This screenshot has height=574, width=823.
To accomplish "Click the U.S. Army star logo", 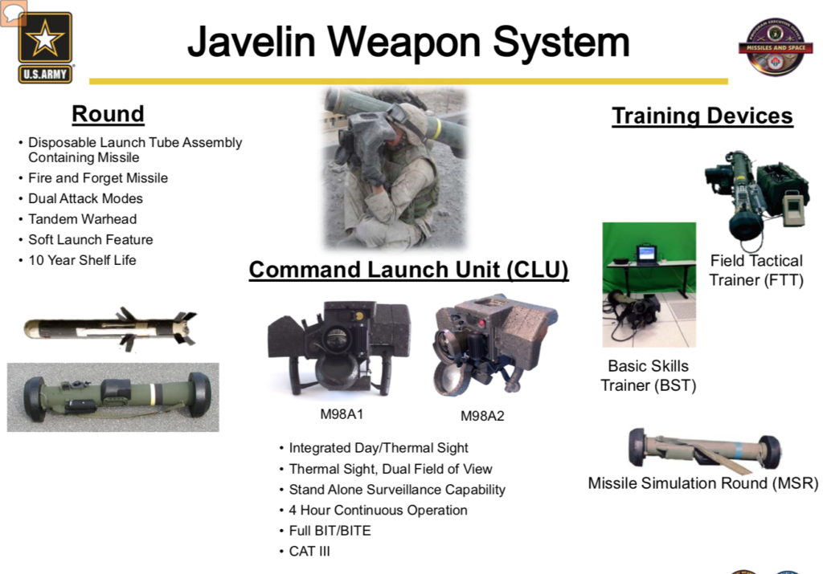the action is point(45,47).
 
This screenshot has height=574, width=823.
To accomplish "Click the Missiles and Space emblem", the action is point(776,47).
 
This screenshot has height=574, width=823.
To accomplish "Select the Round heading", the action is point(109,114).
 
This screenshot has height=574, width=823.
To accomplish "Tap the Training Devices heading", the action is point(702,116).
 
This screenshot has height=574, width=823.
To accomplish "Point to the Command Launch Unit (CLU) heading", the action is point(408,270).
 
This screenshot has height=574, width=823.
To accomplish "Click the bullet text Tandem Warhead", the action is point(83,219).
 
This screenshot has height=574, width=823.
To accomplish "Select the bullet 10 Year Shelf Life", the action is point(82,260).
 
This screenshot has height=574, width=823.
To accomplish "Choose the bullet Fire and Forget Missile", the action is point(98,178).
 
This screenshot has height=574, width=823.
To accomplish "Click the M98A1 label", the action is point(342,414).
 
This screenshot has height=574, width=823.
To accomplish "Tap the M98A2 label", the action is point(482,416).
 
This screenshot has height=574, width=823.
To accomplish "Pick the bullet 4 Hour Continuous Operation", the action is point(378,510).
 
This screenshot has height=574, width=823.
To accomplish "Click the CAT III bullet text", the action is point(309,552).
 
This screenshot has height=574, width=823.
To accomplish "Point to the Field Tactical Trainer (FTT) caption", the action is point(756,271).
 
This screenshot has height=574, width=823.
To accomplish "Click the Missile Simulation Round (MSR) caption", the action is point(702,483).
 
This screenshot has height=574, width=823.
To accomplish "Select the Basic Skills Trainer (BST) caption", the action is point(649,376).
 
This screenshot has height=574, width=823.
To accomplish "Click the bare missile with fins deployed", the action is point(111,328).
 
